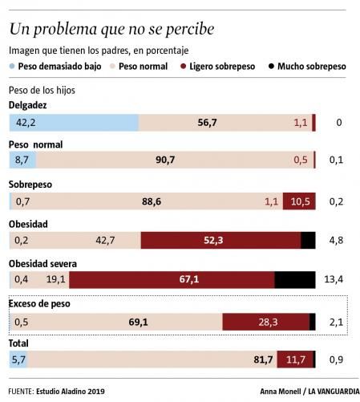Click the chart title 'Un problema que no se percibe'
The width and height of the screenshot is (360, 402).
point(111,30)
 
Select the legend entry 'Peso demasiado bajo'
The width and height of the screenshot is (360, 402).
point(59,67)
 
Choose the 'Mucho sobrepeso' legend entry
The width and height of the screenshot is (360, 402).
point(311,67)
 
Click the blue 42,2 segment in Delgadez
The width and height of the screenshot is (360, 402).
point(73,123)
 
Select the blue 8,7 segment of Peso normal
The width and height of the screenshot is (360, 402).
point(21,160)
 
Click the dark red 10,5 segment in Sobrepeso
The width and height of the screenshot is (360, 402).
point(298,201)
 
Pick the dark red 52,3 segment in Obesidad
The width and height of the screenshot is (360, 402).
point(220,239)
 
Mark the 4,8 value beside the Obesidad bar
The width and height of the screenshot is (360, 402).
point(336,239)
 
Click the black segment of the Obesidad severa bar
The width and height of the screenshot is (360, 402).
point(294,279)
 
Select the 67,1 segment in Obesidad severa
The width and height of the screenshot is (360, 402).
point(172,279)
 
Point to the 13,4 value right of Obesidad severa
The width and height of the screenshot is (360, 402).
point(334,279)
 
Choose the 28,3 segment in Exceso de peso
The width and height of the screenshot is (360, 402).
point(265,322)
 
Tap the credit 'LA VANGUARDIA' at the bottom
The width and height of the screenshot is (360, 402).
point(318,392)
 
